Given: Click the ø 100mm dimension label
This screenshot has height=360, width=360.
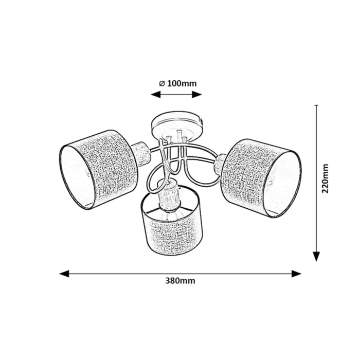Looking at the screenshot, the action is click(178, 83).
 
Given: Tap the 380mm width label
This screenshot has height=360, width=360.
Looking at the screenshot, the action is click(180, 281).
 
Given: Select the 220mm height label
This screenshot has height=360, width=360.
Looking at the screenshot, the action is click(325, 178).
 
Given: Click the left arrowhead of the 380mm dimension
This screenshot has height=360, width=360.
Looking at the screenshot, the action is click(64, 274).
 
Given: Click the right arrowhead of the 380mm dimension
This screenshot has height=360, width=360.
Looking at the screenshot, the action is click(296, 274).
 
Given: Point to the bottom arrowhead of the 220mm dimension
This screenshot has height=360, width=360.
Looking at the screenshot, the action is click(316, 257).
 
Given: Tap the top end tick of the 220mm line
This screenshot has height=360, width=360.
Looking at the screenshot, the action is click(316, 105).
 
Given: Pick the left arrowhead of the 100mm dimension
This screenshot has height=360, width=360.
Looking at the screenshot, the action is click(155, 94).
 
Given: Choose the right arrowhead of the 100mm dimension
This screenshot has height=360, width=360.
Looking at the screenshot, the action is click(197, 94).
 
